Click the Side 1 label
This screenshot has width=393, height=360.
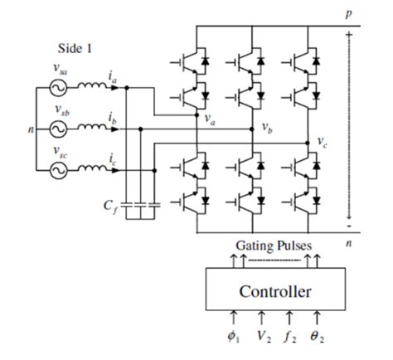(x=74, y=48)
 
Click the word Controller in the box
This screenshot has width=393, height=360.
(x=275, y=291)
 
